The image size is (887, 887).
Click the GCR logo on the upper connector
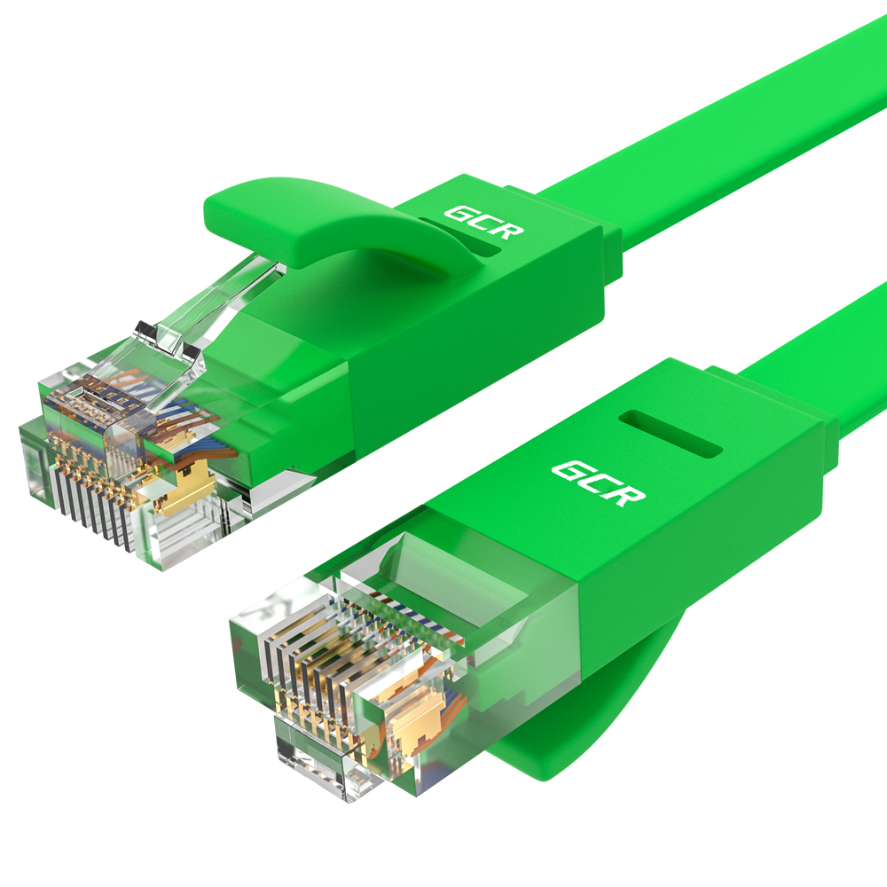coord(484,222)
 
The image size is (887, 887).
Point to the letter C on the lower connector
coord(599,483)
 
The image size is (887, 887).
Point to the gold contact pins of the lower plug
coord(311,679)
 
